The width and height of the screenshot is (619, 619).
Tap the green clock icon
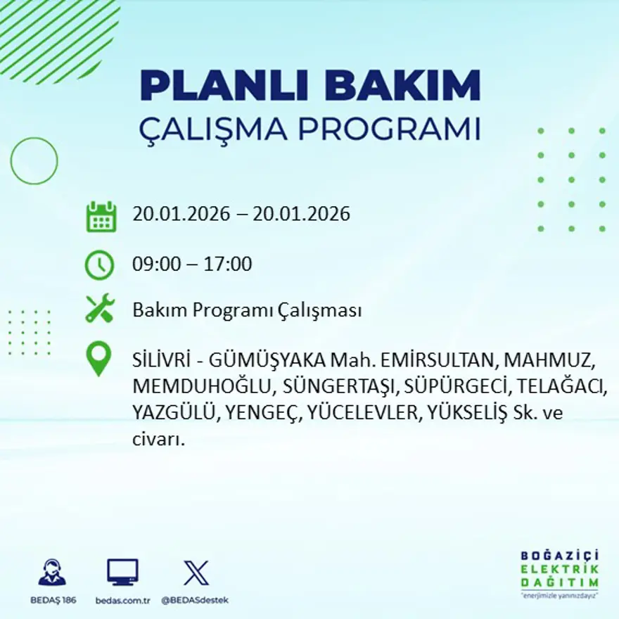[x=99, y=265]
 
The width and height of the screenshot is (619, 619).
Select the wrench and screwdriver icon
[x=100, y=309]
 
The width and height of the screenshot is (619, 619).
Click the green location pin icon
[x=98, y=357]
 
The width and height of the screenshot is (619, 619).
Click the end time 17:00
[x=228, y=264]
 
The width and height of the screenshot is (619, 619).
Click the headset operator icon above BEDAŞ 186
[x=52, y=573]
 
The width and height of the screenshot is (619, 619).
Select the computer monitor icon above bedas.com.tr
[x=122, y=572]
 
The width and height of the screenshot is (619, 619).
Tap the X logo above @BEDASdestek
[x=196, y=572]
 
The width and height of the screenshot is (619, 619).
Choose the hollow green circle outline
[x=34, y=161]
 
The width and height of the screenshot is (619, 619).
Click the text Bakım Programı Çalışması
[x=247, y=310]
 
